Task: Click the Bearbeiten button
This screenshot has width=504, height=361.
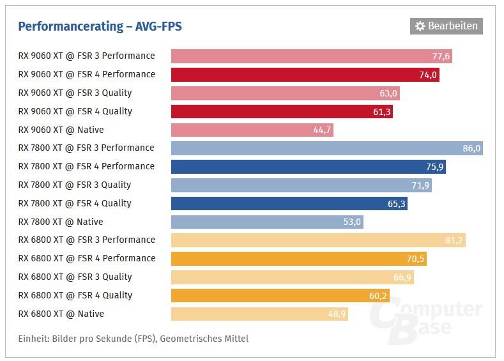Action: click(447, 26)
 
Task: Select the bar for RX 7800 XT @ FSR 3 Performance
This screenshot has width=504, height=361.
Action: click(326, 148)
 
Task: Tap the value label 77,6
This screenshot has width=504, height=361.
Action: click(441, 56)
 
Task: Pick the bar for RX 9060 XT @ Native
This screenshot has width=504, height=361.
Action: click(252, 130)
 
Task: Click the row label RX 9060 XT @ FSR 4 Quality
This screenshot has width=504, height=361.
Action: click(75, 111)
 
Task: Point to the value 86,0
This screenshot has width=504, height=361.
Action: click(471, 148)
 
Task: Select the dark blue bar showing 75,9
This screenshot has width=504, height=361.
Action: click(308, 167)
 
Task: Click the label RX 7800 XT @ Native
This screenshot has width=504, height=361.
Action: click(61, 222)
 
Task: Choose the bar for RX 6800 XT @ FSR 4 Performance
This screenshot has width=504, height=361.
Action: click(298, 259)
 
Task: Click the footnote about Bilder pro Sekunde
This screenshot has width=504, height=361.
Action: click(134, 339)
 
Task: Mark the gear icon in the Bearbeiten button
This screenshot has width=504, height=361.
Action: click(420, 26)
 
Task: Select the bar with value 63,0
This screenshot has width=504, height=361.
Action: click(285, 93)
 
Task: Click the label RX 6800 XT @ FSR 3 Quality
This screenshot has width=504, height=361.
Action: click(75, 277)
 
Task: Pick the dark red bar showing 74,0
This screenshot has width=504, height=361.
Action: click(305, 75)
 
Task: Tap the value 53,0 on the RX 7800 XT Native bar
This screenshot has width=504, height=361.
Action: click(352, 222)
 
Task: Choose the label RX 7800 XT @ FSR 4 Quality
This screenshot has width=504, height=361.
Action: click(75, 203)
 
